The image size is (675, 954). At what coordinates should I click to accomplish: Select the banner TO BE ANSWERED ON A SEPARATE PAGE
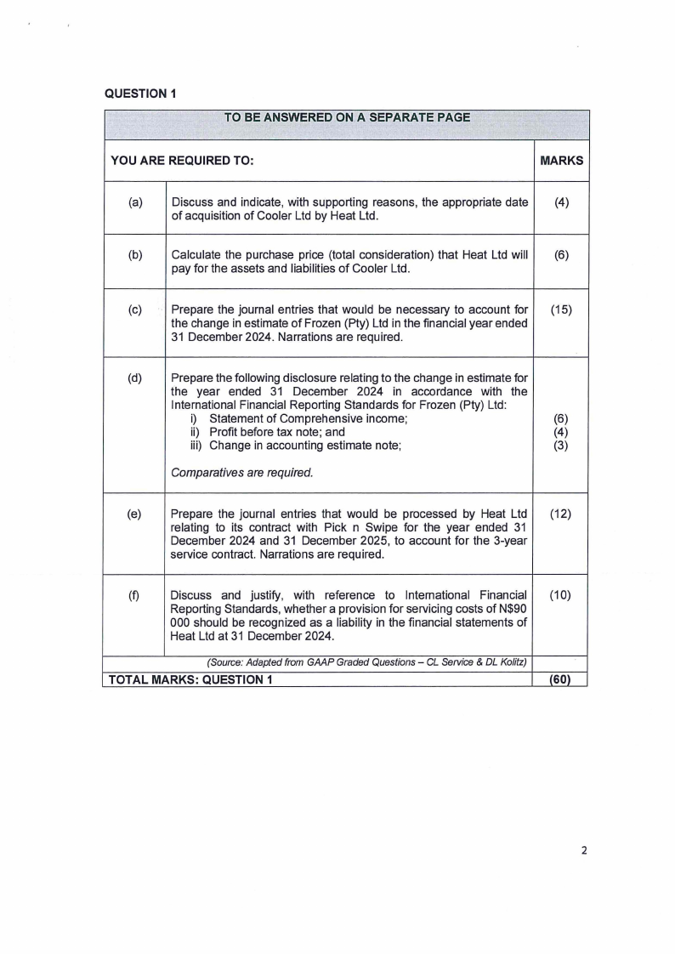347,117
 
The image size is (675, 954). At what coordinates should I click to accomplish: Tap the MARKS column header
561,160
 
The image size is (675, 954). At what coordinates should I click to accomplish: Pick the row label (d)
135,378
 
